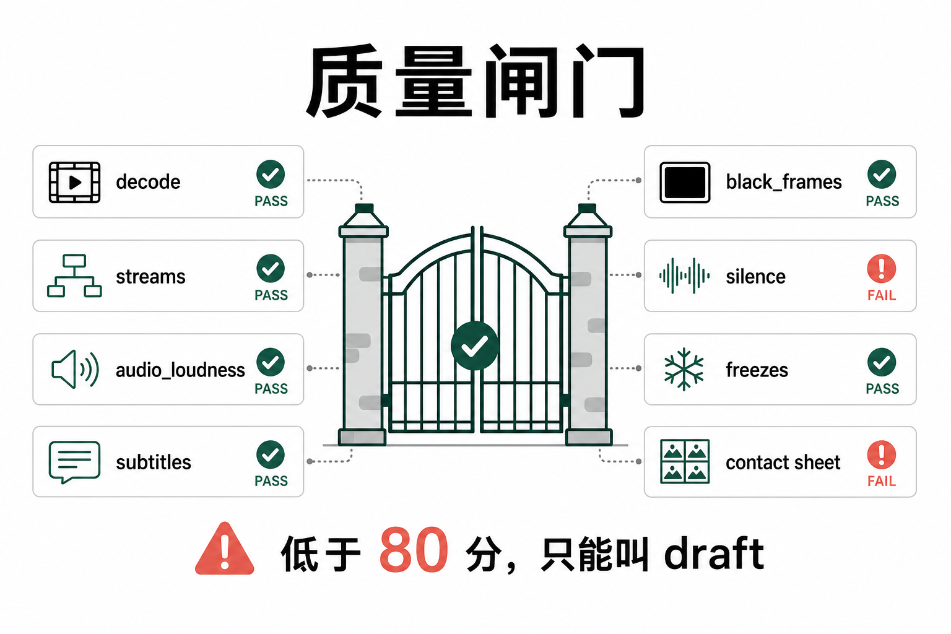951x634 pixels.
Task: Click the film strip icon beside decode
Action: tap(74, 182)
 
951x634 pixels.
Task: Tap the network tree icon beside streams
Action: tap(74, 276)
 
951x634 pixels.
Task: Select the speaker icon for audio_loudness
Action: tap(75, 369)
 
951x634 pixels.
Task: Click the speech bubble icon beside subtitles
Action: tap(74, 462)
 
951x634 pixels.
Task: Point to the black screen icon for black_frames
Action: tap(685, 182)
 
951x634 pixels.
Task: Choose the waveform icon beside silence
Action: tap(684, 276)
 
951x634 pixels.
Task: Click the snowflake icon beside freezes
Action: tap(684, 369)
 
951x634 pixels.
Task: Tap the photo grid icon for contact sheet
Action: tap(685, 462)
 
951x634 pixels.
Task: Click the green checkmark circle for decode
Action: tap(271, 174)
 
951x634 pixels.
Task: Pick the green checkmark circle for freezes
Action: tap(882, 362)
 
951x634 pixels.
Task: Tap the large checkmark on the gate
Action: tap(475, 345)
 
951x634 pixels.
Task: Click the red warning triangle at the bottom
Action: tap(225, 549)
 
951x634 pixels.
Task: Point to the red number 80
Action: tap(414, 550)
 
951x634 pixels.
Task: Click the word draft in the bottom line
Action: tap(714, 552)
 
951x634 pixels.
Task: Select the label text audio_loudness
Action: tap(180, 370)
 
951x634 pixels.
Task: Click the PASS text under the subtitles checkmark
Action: tap(271, 480)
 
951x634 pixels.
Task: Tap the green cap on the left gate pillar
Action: tap(364, 208)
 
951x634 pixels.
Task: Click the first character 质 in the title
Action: tap(345, 80)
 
